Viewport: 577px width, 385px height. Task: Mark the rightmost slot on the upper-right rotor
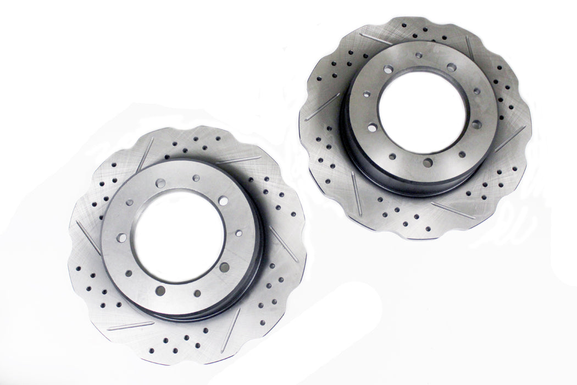click(510, 139)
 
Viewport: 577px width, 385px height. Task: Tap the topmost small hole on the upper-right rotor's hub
click(419, 55)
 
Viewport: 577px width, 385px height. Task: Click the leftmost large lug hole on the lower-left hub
click(121, 238)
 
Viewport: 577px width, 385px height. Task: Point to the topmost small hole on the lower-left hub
click(196, 178)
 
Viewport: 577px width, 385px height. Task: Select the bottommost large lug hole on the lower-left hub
click(160, 290)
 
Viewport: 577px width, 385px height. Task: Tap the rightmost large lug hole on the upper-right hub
click(476, 124)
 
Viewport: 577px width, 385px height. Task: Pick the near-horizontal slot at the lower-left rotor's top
click(237, 160)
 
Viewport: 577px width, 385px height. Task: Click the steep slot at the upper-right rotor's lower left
click(357, 193)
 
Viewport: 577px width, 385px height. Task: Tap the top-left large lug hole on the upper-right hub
click(389, 70)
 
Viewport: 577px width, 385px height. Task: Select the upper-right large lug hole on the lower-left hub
click(223, 201)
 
